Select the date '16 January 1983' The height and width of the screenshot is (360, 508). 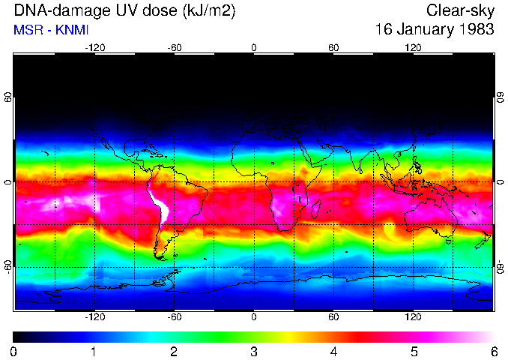(435, 30)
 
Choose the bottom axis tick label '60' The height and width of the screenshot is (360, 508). (333, 316)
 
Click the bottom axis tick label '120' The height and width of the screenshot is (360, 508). (413, 316)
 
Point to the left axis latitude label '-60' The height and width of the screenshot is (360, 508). (8, 266)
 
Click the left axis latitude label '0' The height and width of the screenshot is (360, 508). (8, 182)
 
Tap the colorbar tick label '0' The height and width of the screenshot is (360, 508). (13, 351)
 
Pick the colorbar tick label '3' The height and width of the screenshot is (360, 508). (254, 351)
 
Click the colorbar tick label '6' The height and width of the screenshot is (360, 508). (494, 351)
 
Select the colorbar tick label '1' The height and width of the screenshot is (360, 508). (94, 351)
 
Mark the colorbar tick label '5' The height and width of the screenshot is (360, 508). (414, 351)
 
